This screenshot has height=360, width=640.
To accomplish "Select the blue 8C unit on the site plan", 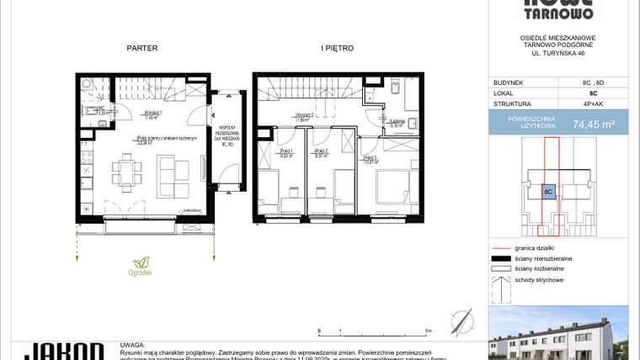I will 548,191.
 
